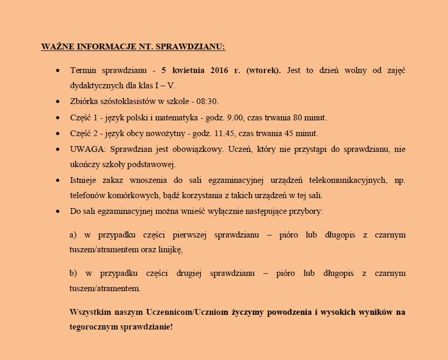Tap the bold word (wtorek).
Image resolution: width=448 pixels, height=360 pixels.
[263, 70]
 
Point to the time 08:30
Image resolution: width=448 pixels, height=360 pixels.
[209, 101]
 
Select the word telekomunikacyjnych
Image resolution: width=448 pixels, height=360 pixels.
[347, 180]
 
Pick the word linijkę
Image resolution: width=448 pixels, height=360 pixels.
[169, 250]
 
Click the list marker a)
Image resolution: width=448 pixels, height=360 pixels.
[73, 234]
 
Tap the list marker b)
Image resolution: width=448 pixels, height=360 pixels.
[73, 273]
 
